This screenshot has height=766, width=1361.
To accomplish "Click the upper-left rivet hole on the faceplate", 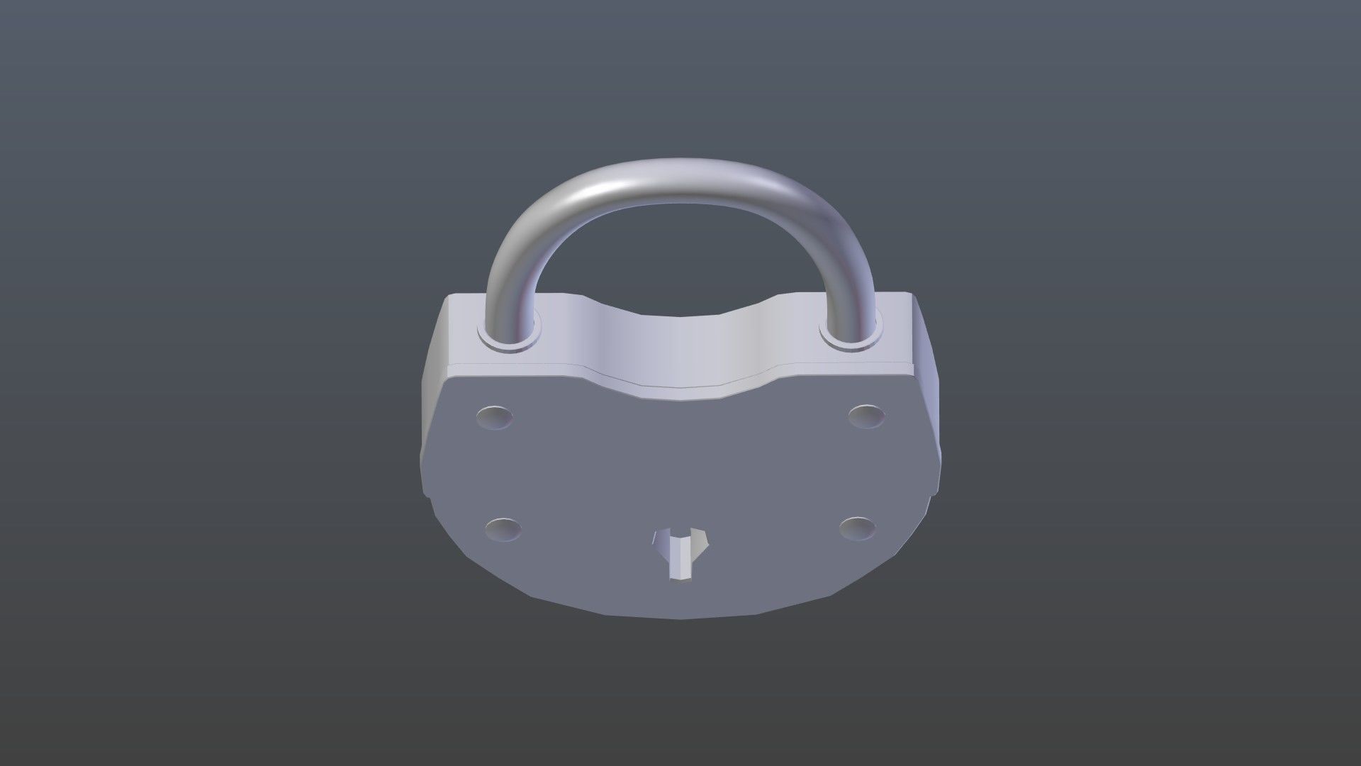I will point(495,416).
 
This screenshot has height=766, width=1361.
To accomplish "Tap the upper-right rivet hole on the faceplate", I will point(867,416).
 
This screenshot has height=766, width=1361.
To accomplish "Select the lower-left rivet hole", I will point(503,530).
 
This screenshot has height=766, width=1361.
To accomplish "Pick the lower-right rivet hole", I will point(857,528).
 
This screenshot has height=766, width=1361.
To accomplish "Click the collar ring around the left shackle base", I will point(509,343).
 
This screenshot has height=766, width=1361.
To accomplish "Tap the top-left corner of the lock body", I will point(445,298).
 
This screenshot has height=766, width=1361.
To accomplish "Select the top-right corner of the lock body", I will point(913,296).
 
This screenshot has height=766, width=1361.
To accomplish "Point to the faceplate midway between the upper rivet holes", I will point(680,418).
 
